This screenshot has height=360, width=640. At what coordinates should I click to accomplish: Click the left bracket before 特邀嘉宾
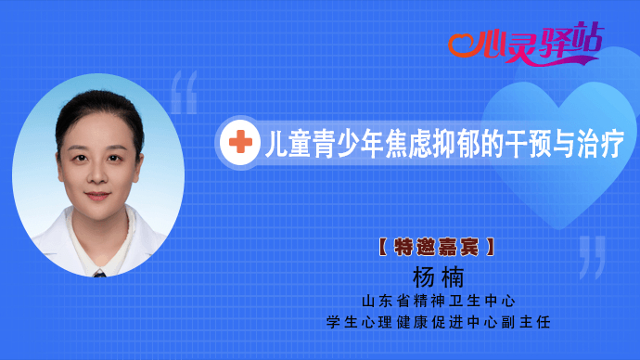tap(382, 248)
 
